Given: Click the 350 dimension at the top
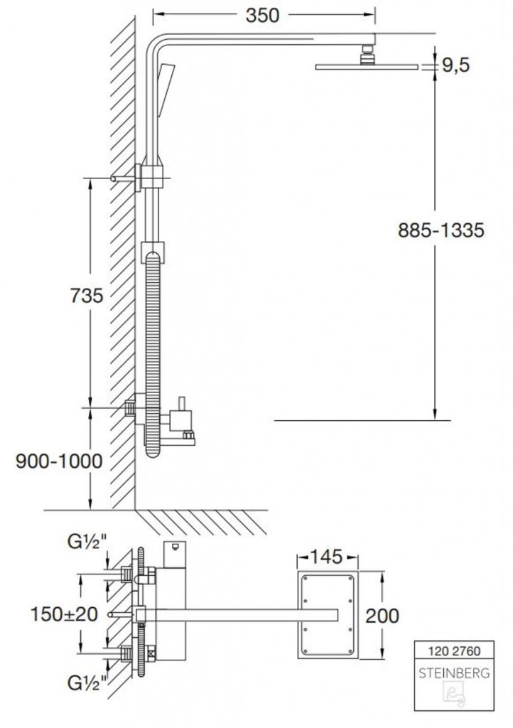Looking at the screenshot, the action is point(262,16).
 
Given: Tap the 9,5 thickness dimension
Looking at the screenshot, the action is point(455,65).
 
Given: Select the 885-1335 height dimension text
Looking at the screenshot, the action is point(441,230).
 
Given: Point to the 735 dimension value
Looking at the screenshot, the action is point(87,295).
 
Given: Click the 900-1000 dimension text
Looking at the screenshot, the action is point(59,461).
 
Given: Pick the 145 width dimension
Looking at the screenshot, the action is point(327,556).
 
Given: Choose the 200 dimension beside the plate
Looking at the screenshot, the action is point(382,616).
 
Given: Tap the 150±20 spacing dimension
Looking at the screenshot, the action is point(65,614).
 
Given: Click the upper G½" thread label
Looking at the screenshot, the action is point(87,542).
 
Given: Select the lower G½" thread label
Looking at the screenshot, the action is point(87,682).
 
